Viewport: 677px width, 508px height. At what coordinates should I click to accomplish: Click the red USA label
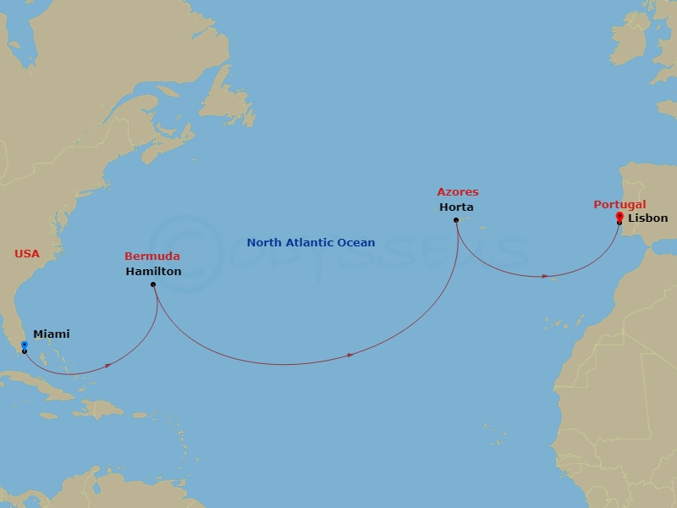click(27, 253)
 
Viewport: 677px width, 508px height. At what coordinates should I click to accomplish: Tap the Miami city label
click(51, 334)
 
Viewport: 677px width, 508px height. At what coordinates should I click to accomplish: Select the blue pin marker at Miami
click(24, 345)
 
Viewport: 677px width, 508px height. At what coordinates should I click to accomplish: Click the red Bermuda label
click(151, 256)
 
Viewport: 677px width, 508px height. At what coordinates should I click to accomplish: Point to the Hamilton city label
click(152, 272)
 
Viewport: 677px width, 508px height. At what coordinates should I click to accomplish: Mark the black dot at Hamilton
click(153, 284)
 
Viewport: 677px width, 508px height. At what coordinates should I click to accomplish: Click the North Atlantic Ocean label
click(311, 243)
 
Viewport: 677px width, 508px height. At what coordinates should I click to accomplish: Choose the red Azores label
click(457, 192)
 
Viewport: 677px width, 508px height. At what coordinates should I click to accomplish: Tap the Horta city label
click(456, 207)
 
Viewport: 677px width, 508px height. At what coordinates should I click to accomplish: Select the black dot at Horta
click(456, 220)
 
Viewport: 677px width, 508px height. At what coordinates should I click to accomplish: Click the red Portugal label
click(619, 204)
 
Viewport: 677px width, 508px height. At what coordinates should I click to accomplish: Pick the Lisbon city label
click(648, 218)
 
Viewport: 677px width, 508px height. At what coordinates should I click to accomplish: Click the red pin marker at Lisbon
click(619, 217)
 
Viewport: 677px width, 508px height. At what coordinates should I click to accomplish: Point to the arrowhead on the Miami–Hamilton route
click(111, 366)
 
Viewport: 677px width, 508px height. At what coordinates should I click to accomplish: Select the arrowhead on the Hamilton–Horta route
click(350, 356)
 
